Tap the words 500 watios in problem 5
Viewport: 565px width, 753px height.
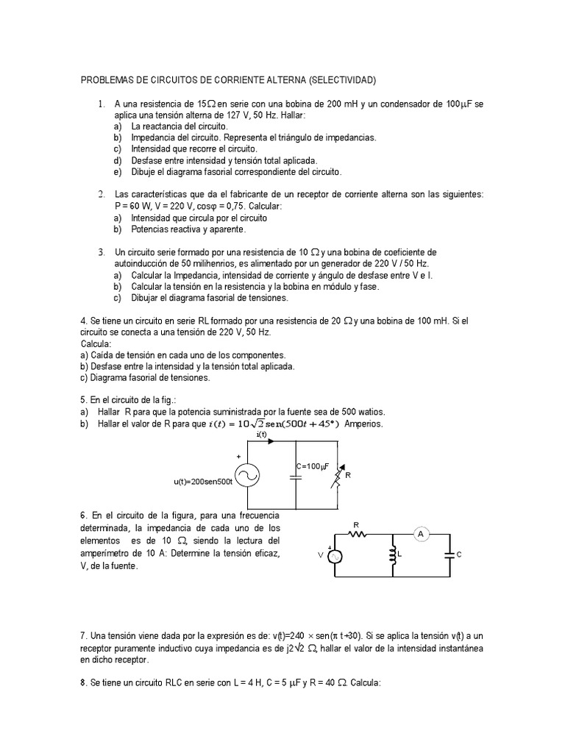pyautogui.click(x=359, y=412)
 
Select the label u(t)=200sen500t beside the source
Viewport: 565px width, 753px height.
pyautogui.click(x=203, y=482)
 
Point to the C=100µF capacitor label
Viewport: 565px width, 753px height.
pyautogui.click(x=312, y=465)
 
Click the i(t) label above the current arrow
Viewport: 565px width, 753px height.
pyautogui.click(x=261, y=434)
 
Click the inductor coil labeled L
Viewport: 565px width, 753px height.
pyautogui.click(x=392, y=556)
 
